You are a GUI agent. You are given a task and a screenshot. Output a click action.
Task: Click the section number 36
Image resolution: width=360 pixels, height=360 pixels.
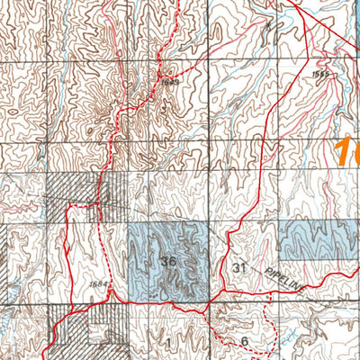click(168, 261)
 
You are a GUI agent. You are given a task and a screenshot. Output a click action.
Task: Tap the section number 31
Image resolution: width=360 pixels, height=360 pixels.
click(238, 267)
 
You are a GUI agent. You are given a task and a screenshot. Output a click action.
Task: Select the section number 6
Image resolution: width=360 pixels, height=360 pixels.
click(244, 340)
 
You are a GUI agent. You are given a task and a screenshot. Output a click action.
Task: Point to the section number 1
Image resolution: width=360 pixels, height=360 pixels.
click(168, 342)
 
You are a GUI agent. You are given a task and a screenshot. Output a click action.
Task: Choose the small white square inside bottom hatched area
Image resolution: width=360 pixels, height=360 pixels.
click(95, 333)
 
